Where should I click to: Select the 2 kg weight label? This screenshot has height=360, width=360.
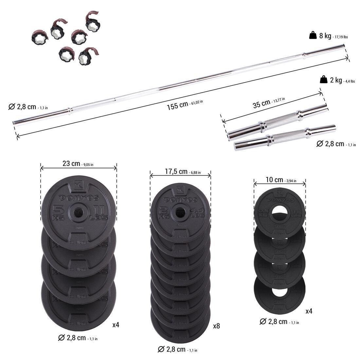pos(335,80)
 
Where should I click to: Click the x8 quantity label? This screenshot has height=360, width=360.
pos(216,326)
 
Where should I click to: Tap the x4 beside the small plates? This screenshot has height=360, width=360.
pos(309,311)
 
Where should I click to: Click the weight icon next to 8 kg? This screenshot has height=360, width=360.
pos(313,35)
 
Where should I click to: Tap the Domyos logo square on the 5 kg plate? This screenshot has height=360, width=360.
pos(78,185)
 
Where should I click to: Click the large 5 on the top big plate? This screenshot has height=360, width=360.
pos(58,208)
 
